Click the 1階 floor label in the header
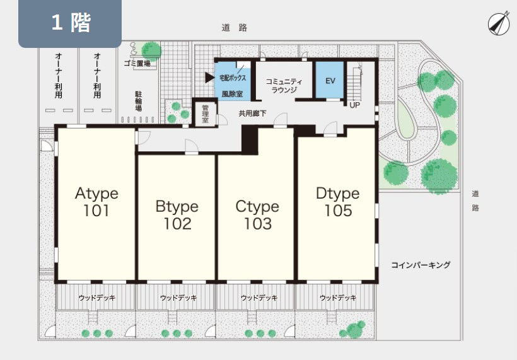(x=71, y=23)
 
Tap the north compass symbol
(x=499, y=23)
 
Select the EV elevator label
(x=330, y=81)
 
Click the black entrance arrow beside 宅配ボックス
(x=210, y=78)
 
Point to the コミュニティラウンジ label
(x=284, y=85)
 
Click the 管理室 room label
(x=205, y=113)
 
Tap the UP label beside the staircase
(x=355, y=105)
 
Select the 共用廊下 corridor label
(x=252, y=113)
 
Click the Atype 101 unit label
(x=96, y=202)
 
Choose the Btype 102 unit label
(x=177, y=215)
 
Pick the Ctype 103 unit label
(x=257, y=215)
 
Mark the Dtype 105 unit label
(x=338, y=202)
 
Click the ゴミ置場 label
(x=137, y=63)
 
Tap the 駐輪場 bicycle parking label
(x=139, y=102)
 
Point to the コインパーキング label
(x=421, y=265)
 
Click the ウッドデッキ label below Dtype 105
(x=338, y=298)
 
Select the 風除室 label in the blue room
(x=232, y=94)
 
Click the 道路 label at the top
(x=234, y=28)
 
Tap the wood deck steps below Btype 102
(x=173, y=317)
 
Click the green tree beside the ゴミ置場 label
(x=151, y=51)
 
